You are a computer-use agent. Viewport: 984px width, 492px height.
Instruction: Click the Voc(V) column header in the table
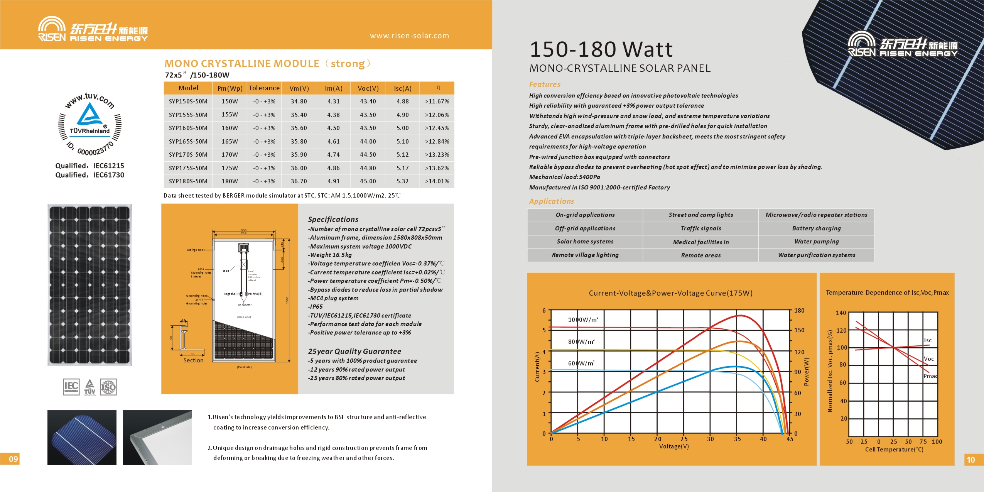pos(368,88)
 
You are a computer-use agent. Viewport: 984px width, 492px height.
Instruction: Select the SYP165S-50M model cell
pos(188,142)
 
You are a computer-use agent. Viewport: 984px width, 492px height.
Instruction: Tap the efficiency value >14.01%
pos(437,181)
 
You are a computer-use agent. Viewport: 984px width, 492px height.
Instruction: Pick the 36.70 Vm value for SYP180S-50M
pos(299,181)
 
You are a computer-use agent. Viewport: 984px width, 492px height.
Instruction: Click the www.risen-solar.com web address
pos(409,36)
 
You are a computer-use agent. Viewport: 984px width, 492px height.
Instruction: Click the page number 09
pos(13,459)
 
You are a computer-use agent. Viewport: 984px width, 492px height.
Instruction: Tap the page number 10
pos(970,460)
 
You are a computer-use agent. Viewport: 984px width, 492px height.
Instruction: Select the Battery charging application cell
pos(816,228)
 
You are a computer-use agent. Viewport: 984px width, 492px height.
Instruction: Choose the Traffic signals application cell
pos(700,228)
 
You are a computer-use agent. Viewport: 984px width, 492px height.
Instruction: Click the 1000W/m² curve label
pos(583,320)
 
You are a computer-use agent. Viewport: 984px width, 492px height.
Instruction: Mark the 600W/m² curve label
pos(581,363)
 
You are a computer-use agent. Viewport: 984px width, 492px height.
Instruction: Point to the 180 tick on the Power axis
pos(799,311)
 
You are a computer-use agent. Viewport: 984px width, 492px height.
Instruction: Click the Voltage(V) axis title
pos(673,446)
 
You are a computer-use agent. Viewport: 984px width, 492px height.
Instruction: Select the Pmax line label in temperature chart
pos(930,376)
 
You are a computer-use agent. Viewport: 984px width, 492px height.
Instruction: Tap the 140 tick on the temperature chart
pos(841,313)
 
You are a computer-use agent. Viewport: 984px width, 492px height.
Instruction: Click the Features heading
pos(545,85)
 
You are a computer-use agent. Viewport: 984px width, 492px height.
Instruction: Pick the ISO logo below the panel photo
pos(108,387)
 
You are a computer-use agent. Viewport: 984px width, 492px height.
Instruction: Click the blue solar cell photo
pos(82,437)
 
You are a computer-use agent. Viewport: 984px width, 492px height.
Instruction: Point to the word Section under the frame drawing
pos(193,360)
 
